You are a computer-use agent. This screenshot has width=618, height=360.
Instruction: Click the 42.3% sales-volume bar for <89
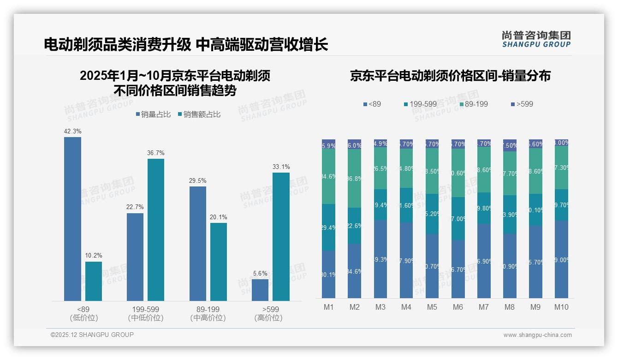[x=72, y=219]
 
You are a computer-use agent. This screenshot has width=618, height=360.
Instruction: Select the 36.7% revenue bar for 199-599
[x=156, y=230]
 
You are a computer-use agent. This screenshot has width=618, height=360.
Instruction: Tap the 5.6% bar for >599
[x=260, y=290]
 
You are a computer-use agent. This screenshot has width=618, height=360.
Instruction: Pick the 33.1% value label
[x=281, y=167]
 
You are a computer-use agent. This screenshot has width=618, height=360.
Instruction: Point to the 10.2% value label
[x=94, y=255]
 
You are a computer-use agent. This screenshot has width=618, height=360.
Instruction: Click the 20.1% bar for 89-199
[x=219, y=262]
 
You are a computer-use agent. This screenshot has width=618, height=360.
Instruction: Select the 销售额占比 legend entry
[x=199, y=114]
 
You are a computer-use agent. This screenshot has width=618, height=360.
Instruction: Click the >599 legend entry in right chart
[x=522, y=104]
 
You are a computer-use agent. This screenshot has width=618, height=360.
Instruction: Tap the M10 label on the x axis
[x=561, y=307]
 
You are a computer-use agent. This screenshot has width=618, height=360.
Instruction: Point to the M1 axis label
[x=329, y=307]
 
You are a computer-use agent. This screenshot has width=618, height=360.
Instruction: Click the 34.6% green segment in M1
[x=329, y=176]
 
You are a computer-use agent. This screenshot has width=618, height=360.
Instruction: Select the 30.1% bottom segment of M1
[x=329, y=274]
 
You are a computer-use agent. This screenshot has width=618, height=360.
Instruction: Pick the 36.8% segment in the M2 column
[x=355, y=178]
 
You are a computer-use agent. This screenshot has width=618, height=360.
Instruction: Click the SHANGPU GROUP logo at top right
[x=536, y=39]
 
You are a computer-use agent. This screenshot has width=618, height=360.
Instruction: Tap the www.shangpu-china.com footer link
[x=537, y=335]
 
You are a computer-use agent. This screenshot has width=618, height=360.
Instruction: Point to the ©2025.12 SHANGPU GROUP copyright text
[x=92, y=335]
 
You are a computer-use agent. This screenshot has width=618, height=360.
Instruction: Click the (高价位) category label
[x=268, y=318]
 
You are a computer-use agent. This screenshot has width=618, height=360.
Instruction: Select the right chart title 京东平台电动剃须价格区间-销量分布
[x=450, y=76]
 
